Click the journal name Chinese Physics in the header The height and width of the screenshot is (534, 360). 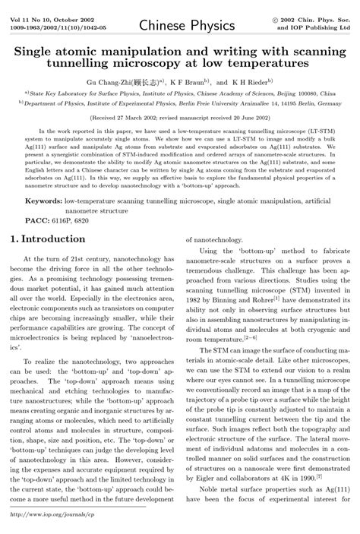coord(181,27)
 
